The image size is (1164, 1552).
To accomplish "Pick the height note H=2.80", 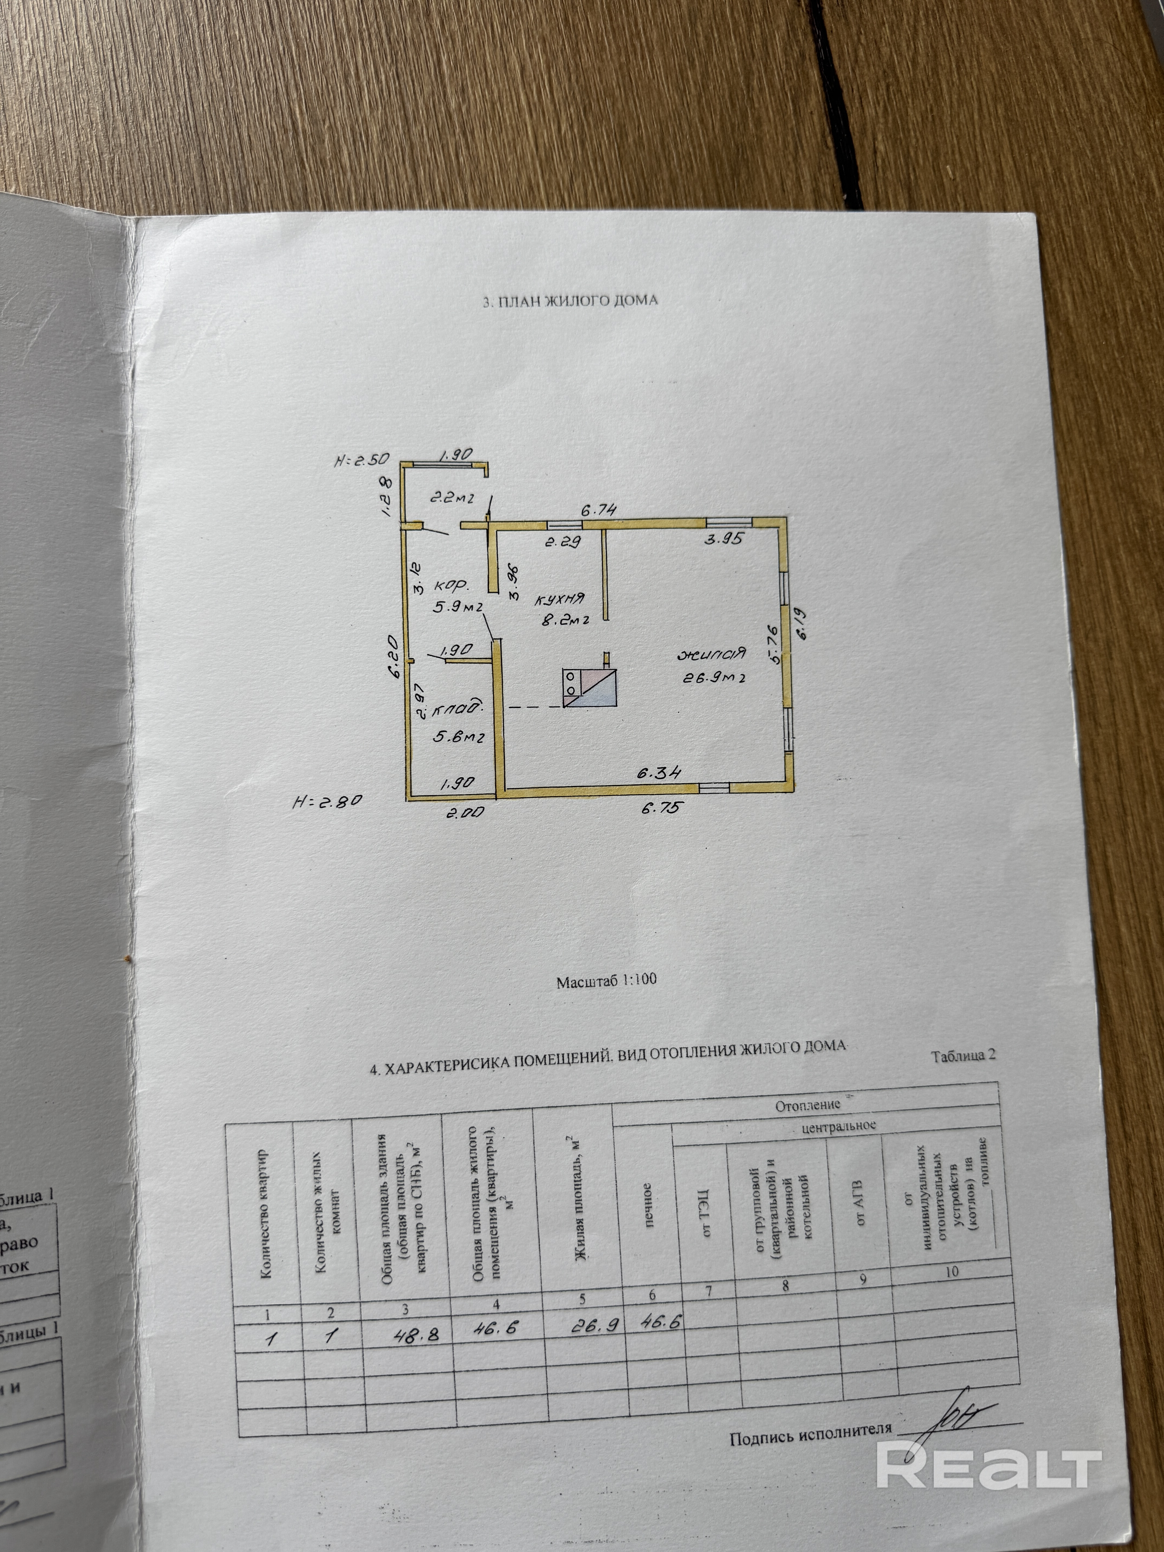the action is (x=327, y=800).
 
